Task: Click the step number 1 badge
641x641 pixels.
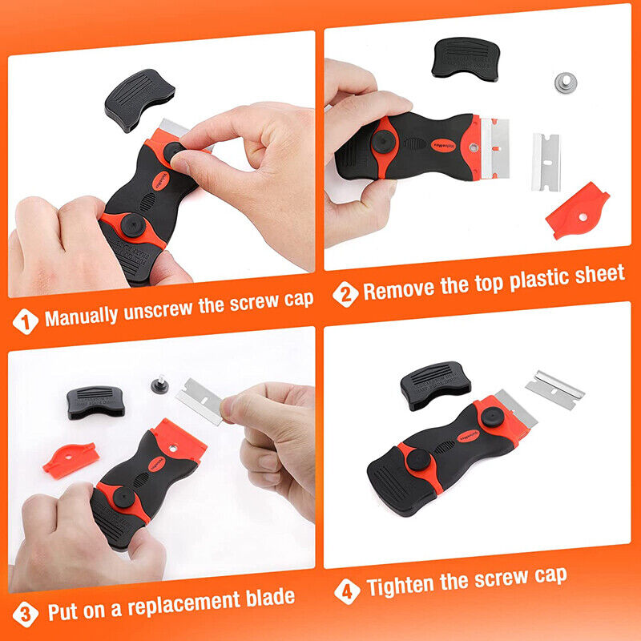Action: [26, 321]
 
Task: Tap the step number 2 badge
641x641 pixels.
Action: [345, 294]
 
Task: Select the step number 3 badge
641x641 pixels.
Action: [26, 614]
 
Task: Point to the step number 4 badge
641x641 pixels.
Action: [346, 591]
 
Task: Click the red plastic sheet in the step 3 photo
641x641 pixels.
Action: [70, 458]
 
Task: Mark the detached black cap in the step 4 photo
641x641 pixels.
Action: [435, 384]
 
